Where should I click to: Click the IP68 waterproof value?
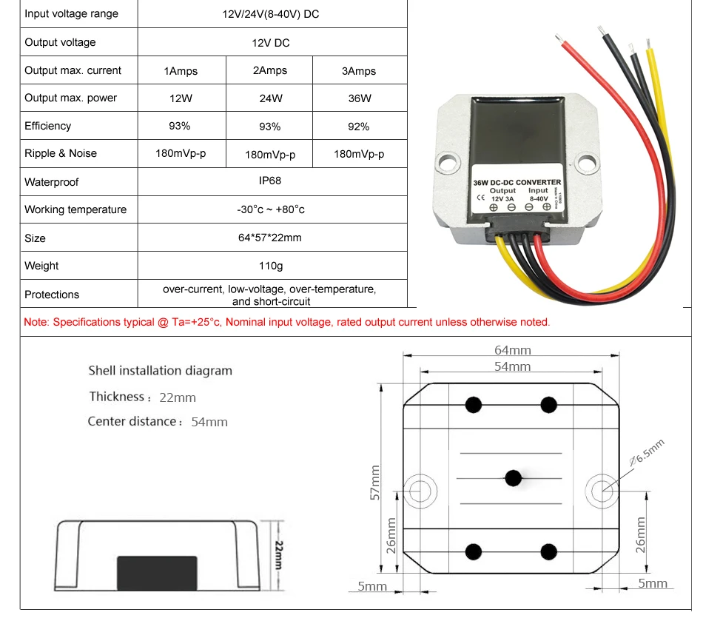[271, 181]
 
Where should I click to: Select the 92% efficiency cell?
[358, 127]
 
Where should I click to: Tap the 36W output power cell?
[360, 98]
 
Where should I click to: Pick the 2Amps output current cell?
[270, 71]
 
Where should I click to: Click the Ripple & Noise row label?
[61, 154]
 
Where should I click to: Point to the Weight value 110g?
[271, 266]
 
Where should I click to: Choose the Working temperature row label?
[75, 210]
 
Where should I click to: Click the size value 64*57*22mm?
[271, 238]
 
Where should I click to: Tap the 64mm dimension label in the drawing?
[512, 349]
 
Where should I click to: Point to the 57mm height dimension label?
[375, 483]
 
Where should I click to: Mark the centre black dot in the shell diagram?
[512, 477]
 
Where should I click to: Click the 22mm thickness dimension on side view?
[279, 554]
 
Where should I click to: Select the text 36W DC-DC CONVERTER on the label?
[517, 182]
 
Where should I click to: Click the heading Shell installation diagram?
[160, 371]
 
